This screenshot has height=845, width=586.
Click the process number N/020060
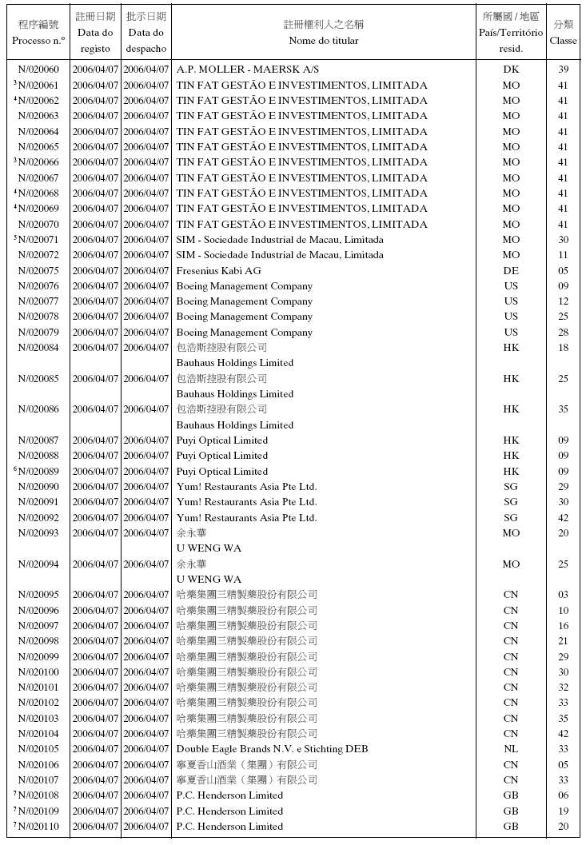click(38, 70)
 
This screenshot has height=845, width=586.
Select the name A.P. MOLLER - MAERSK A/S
click(247, 70)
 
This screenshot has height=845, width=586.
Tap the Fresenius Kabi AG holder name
click(218, 271)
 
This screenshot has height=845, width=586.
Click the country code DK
click(511, 70)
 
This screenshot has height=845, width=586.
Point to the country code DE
click(511, 271)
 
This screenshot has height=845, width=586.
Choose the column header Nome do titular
click(323, 40)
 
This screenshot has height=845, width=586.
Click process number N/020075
click(38, 271)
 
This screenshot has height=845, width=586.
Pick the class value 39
click(563, 70)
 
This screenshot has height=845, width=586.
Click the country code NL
click(511, 749)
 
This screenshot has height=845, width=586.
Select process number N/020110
click(38, 827)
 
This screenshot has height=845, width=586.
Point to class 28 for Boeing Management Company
click(563, 333)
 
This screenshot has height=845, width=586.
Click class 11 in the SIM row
click(563, 255)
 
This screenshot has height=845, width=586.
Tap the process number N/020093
click(38, 533)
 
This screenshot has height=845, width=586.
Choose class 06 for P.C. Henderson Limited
click(563, 795)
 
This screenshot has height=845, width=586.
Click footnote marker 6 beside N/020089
click(15, 469)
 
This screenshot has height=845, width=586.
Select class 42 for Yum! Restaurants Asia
click(563, 518)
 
